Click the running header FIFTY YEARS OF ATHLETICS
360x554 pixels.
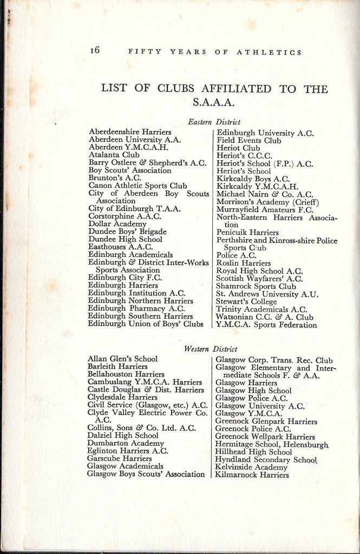tap(214, 52)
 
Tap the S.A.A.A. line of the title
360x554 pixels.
tap(215, 103)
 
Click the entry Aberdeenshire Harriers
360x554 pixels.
tap(130, 132)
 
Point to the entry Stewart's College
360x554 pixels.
tap(246, 301)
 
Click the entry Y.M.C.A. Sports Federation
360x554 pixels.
tap(266, 325)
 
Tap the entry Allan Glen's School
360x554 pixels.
tap(122, 359)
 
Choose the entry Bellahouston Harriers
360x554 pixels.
tap(126, 374)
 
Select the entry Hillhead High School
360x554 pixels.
tap(253, 452)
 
